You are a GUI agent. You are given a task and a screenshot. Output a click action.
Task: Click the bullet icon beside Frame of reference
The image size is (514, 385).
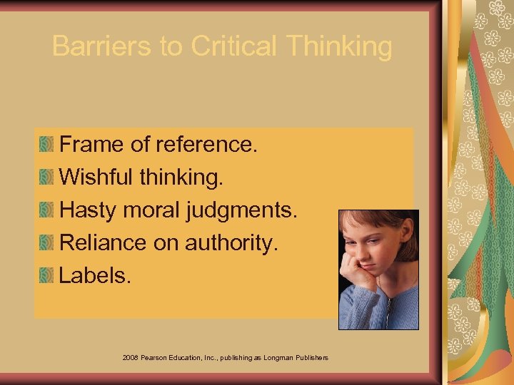tap(46, 145)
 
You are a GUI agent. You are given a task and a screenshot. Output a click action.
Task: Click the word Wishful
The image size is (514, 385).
tap(96, 178)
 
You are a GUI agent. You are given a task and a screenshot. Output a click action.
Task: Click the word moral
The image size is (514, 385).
tap(151, 210)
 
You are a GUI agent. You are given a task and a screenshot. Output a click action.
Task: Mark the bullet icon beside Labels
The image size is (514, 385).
tap(46, 276)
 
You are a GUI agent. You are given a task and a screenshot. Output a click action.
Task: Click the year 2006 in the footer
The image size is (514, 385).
tap(131, 356)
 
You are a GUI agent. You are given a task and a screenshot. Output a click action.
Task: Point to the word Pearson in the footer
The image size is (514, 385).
tap(155, 356)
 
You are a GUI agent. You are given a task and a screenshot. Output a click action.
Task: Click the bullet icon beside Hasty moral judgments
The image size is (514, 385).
tap(46, 211)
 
